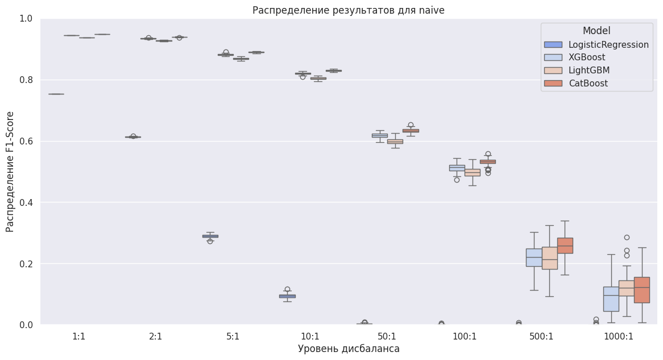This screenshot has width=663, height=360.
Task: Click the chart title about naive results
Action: [348, 10]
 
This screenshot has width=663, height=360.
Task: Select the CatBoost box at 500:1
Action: [565, 246]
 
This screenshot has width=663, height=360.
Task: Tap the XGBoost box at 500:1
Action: [534, 257]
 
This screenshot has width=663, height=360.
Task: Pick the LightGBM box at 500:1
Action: [549, 258]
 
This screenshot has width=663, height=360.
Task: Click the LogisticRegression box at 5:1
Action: [210, 236]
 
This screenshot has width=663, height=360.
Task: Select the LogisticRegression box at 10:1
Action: [287, 296]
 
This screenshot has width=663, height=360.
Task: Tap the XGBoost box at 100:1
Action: [457, 168]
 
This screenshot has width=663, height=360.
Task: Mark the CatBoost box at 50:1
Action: [411, 131]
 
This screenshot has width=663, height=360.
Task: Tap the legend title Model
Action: [596, 31]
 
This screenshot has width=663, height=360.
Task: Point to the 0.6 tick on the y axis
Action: [27, 141]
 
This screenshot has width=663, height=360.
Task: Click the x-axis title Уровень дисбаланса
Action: [348, 349]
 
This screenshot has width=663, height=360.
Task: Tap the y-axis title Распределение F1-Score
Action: [10, 171]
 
